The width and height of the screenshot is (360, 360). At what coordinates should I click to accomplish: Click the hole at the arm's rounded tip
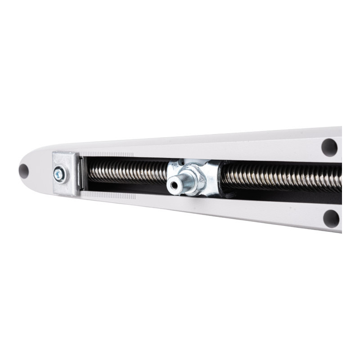[23, 171]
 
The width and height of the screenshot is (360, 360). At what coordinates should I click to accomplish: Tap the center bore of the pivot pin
[174, 184]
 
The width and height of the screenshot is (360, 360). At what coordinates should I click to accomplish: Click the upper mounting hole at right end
[329, 147]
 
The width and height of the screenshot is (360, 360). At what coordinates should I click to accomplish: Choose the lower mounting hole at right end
[331, 218]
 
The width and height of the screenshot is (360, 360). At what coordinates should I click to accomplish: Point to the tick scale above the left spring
[108, 154]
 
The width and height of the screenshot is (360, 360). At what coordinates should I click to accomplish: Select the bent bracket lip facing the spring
[80, 173]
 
